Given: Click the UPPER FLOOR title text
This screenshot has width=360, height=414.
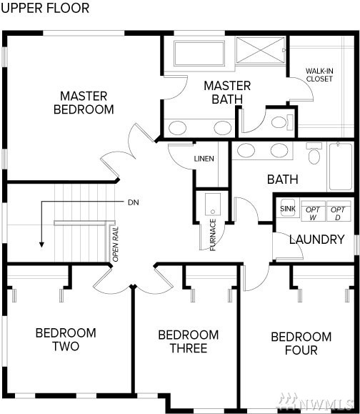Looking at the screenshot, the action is pos(45,8).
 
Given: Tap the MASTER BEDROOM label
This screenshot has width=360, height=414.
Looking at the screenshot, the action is pos(84,103).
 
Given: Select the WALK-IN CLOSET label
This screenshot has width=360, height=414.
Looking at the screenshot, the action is pos(319,75).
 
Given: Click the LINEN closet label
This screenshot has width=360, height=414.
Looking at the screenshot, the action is pos(204,159).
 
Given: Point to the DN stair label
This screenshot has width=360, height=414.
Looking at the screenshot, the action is pos(133,202).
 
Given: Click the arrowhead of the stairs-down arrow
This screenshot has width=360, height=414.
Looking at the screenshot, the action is pos(41,245).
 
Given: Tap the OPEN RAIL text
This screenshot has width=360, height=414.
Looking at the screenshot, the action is pos(116,245).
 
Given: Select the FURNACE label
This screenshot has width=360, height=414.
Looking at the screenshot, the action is pos(213,235).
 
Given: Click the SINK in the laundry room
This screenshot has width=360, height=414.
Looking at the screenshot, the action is pos(287,209).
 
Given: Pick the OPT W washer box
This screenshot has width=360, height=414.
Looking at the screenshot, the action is pos(313,211).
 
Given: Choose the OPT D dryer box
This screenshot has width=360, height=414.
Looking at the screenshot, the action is pos(339,211).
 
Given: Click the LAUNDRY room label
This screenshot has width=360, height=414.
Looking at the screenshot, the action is pos(317,240).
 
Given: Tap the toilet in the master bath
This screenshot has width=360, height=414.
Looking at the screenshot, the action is pos(282,122).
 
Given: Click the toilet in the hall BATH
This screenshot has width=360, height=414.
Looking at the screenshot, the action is pos(314,153).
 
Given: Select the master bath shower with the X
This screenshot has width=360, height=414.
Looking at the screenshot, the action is pos(261,50).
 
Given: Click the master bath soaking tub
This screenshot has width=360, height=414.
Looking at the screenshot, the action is pos(199,54).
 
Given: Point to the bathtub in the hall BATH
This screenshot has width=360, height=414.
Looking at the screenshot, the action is pos(341,167).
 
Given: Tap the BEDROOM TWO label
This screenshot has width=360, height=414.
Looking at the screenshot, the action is pos(66,340).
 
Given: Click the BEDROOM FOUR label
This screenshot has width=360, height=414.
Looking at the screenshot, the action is pos(301,343).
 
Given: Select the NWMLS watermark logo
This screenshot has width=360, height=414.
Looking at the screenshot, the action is pos(316,402).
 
